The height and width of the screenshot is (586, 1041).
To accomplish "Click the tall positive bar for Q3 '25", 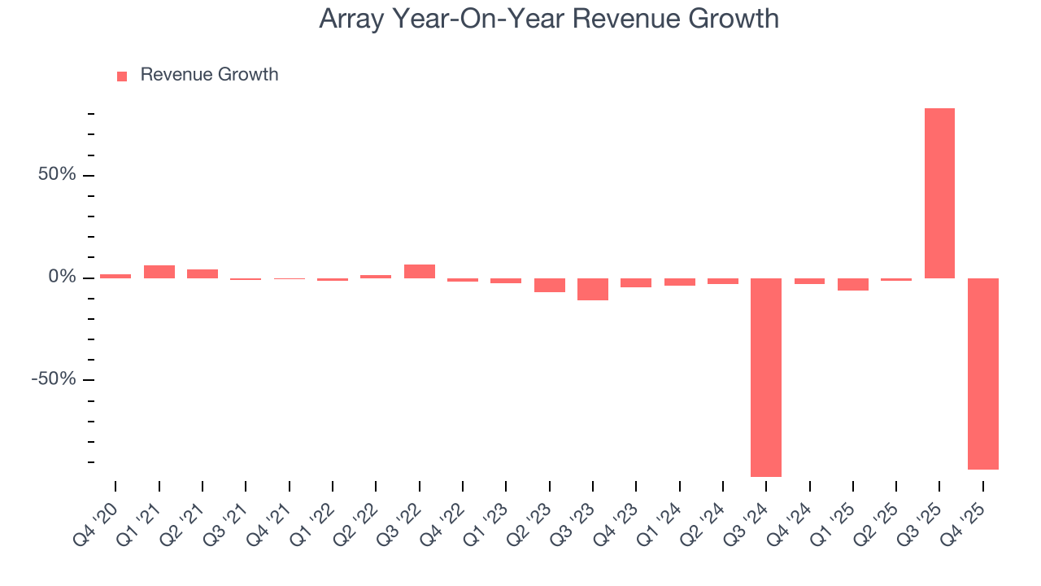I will [x=939, y=193].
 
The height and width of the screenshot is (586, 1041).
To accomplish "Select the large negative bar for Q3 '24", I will [x=766, y=377].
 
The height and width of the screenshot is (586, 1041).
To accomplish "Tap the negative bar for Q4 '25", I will [x=983, y=374].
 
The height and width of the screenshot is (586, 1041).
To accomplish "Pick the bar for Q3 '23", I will [x=593, y=289].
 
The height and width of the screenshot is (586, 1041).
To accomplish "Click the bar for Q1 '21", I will [x=159, y=272].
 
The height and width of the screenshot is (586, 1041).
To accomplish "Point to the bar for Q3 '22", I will [x=420, y=271].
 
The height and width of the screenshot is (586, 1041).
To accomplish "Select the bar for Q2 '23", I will [x=550, y=285].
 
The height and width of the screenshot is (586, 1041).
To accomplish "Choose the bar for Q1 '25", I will [x=853, y=284].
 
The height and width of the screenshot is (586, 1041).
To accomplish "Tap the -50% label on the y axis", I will [x=53, y=380].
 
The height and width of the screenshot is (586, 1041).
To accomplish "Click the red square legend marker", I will [x=122, y=77].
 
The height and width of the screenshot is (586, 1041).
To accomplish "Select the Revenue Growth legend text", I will [x=209, y=75].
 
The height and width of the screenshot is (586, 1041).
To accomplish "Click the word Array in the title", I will [x=351, y=19].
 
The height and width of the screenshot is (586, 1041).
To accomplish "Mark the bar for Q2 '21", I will [x=203, y=273].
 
